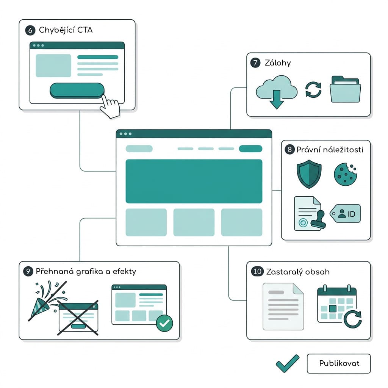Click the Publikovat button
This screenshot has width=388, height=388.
point(338,363)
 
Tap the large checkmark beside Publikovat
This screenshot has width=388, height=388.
point(288,364)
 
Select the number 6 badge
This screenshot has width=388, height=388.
point(30,30)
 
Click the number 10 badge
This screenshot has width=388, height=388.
point(257,271)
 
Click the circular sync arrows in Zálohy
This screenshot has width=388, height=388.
point(313,90)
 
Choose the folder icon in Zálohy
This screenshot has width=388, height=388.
point(345,89)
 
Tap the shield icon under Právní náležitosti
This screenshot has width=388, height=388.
point(309,174)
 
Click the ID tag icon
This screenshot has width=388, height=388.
point(345,213)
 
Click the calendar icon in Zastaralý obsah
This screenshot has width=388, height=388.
point(339,306)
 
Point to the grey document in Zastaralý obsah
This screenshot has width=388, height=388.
point(283,307)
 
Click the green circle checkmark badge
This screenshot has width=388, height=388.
point(164,323)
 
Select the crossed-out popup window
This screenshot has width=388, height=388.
point(78,318)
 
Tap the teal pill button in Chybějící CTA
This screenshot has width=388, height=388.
point(77,90)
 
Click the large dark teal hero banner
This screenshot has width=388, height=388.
point(194,181)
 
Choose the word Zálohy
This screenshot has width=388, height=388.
point(278,63)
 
